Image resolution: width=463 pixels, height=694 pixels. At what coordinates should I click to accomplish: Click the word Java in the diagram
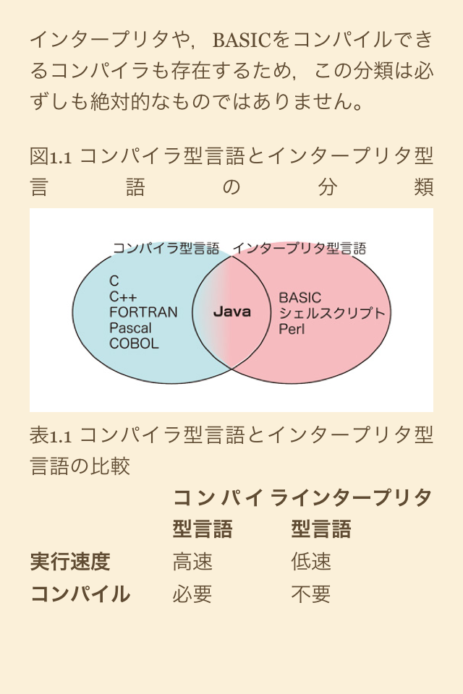[231, 312]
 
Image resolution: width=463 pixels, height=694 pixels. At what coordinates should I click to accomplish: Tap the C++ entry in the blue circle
[123, 296]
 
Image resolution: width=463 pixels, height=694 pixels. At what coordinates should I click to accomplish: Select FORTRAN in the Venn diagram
[143, 312]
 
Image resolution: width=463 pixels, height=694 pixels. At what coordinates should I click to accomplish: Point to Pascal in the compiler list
[130, 328]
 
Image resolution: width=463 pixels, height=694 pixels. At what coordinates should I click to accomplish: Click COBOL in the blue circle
[134, 344]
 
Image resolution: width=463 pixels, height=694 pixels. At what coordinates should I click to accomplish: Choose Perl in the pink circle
[292, 329]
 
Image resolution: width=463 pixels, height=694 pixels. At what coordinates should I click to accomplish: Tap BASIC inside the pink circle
[300, 297]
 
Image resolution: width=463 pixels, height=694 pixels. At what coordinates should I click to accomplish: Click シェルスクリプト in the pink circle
[332, 313]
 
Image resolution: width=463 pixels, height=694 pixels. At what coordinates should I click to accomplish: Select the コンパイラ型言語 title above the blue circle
[166, 249]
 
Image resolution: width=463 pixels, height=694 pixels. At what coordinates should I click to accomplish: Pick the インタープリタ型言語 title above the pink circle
[299, 249]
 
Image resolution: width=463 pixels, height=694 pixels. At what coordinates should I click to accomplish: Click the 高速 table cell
[192, 562]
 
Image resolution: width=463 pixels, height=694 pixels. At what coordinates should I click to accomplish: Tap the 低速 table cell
[311, 562]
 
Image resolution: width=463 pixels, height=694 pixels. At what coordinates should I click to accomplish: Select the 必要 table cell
[192, 594]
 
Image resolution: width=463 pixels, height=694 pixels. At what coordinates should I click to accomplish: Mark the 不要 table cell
[311, 594]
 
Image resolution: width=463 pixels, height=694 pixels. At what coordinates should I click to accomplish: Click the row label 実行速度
[70, 562]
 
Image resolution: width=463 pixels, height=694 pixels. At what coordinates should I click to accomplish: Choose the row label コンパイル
[80, 594]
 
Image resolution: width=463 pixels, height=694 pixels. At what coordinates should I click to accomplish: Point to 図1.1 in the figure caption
[51, 156]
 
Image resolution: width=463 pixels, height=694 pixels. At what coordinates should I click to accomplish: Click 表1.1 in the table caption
[51, 435]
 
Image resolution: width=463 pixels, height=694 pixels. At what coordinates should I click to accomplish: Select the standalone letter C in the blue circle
[114, 280]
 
